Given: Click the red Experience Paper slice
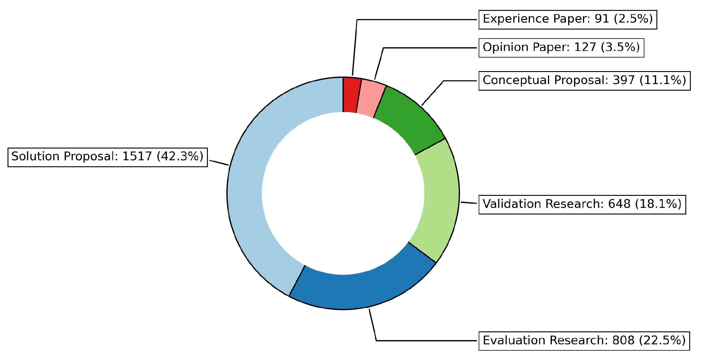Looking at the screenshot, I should (350, 95).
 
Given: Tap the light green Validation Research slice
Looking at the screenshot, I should (440, 199).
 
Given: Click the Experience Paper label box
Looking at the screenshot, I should (568, 20).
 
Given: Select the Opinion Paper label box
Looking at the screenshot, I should (561, 48).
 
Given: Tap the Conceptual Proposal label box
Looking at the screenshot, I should (584, 81).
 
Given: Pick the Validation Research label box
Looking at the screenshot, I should (582, 205).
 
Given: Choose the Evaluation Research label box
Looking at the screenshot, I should (584, 341).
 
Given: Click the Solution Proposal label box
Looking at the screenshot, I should (108, 157).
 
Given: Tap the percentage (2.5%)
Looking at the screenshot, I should (633, 19).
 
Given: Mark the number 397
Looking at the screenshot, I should (624, 80).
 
